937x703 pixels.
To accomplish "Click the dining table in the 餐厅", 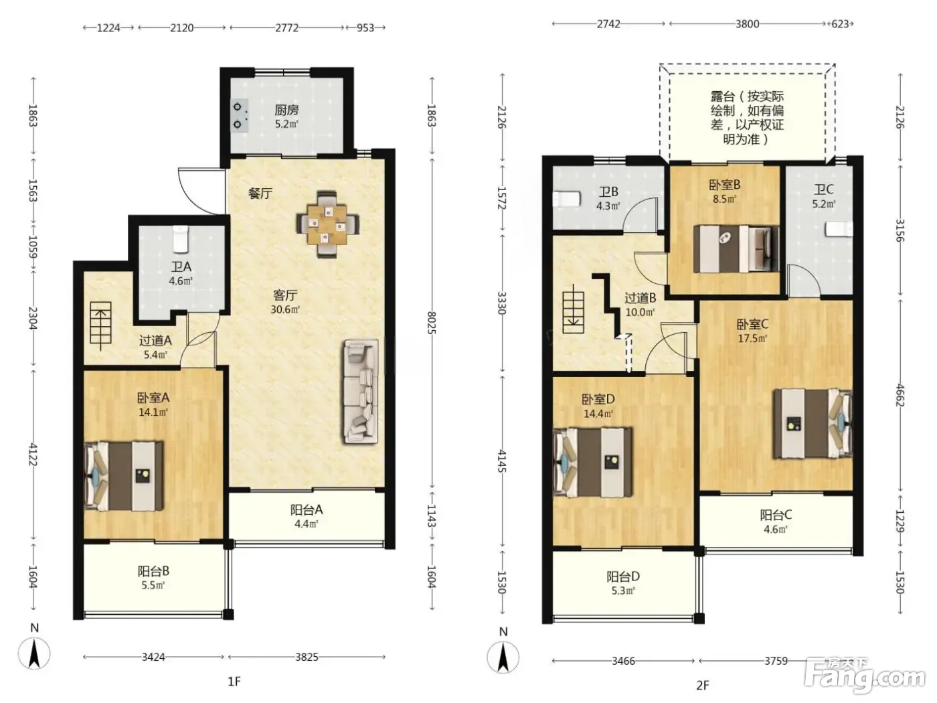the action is pos(327,224).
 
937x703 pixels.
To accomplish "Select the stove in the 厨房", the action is pos(239,115).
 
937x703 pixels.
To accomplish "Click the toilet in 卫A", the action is pos(181,239).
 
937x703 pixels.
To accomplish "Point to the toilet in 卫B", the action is pos(566,200).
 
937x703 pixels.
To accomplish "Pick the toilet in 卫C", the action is pos(839,229).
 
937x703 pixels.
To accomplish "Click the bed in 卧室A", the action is pos(124,476).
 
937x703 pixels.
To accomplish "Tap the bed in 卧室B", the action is pos(736,249).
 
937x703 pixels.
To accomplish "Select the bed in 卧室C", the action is pos(813,423).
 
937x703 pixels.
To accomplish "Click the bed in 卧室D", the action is pos(592,462).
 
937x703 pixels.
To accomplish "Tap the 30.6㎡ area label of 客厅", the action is pos(285,309).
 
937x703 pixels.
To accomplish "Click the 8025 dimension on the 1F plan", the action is pos(432,323).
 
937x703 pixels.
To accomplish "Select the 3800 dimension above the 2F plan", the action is pos(747,24).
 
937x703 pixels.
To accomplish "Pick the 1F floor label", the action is pos(234,682).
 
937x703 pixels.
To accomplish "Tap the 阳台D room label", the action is pos(623,577).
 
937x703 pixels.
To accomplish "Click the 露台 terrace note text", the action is pos(747,118).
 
